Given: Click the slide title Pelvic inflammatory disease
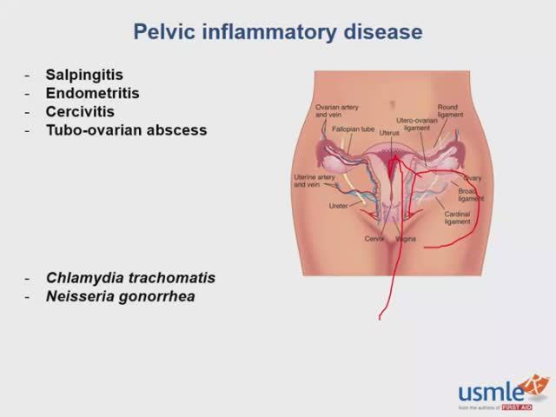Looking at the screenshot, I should [278, 33].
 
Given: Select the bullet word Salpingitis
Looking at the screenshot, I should [86, 75].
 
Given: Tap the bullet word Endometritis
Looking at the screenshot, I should [92, 93].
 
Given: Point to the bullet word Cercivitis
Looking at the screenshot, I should [80, 111].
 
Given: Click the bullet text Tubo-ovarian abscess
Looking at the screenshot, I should [126, 130].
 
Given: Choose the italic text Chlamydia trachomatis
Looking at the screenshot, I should [130, 278].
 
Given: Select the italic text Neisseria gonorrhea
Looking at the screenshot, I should [120, 297].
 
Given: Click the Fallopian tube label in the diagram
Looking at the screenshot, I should [353, 129].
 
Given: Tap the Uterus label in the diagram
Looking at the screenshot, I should [389, 133].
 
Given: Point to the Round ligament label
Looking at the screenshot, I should [447, 111].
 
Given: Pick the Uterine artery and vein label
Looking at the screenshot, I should [314, 181].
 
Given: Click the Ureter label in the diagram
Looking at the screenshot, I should [338, 206].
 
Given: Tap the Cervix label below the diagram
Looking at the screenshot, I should [374, 238].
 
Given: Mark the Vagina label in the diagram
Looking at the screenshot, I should [405, 238].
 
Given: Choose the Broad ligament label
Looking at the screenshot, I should [471, 194].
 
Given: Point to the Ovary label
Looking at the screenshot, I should [472, 178].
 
